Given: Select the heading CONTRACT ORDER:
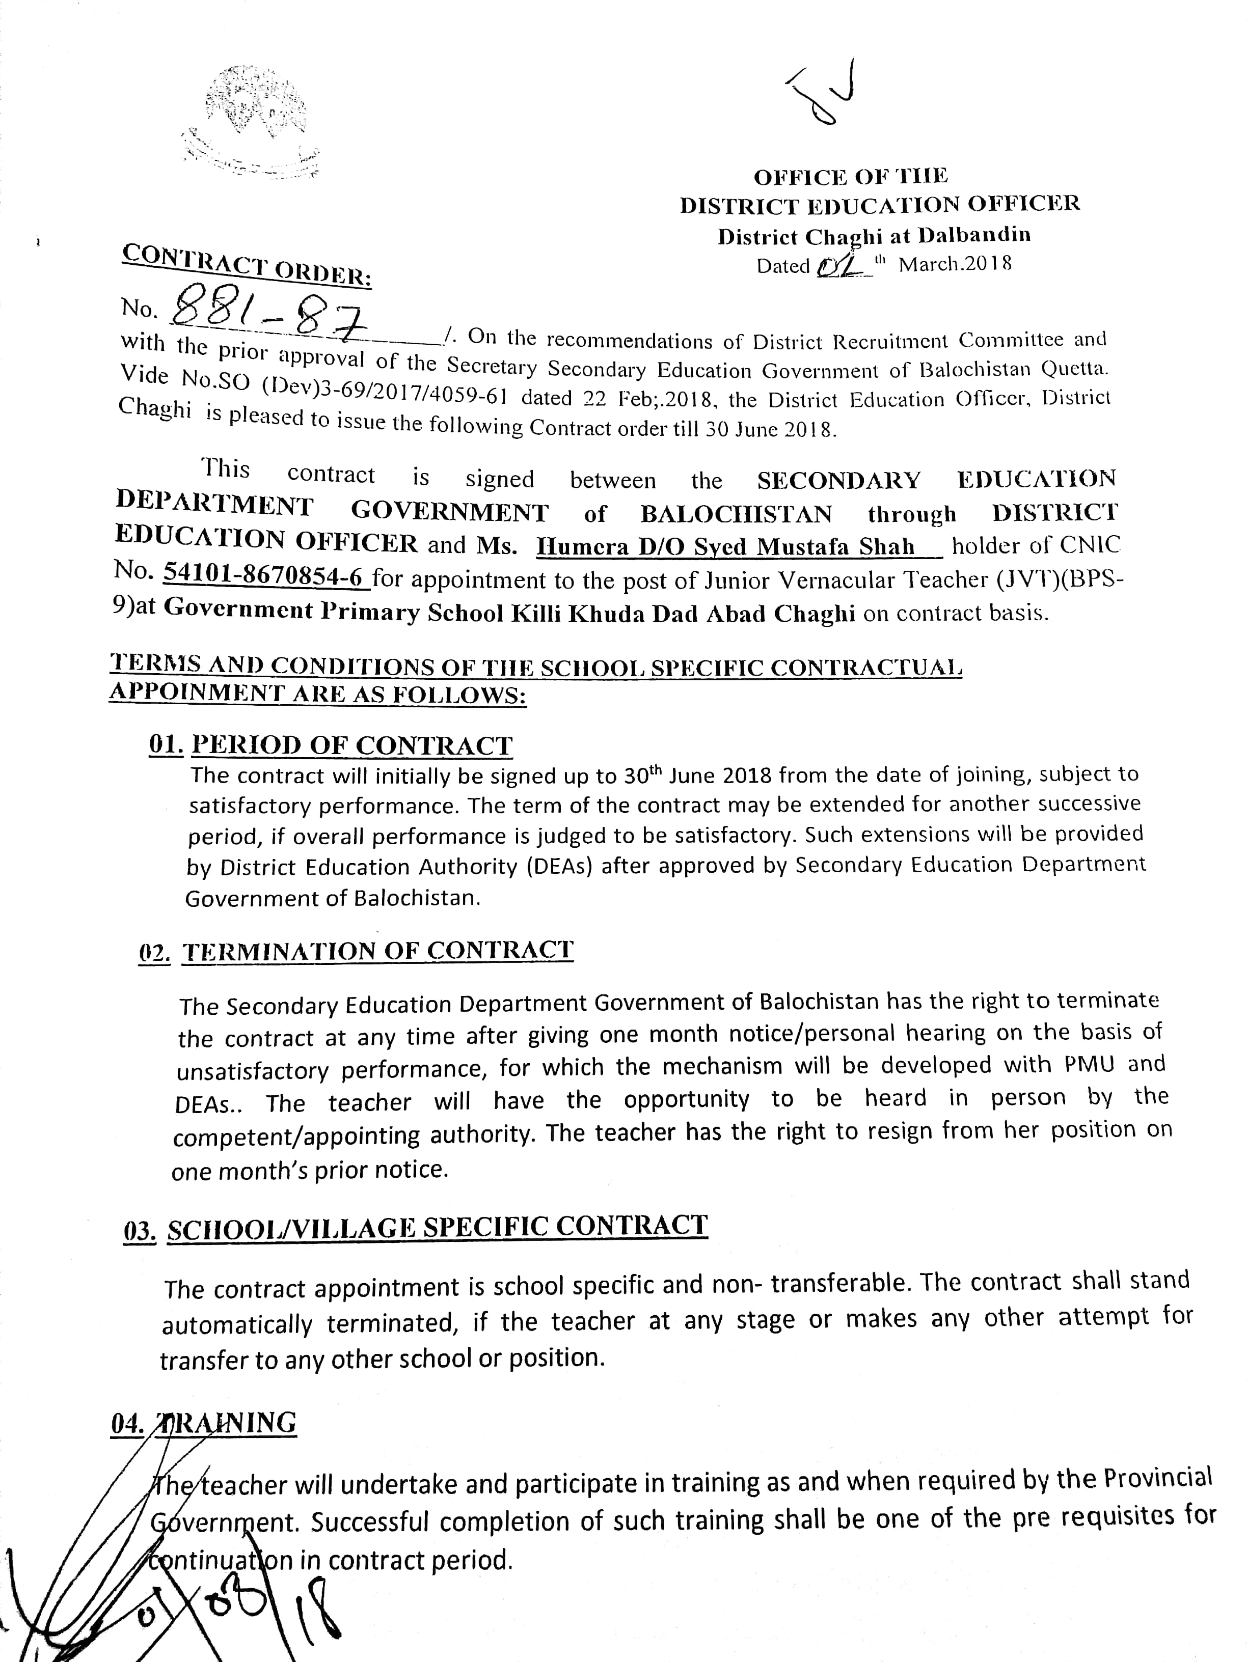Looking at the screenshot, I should tap(247, 265).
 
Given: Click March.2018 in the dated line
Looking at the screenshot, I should tap(955, 264).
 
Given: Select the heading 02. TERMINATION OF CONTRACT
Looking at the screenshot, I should tap(356, 951).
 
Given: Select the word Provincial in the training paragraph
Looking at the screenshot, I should tap(1157, 1479).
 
